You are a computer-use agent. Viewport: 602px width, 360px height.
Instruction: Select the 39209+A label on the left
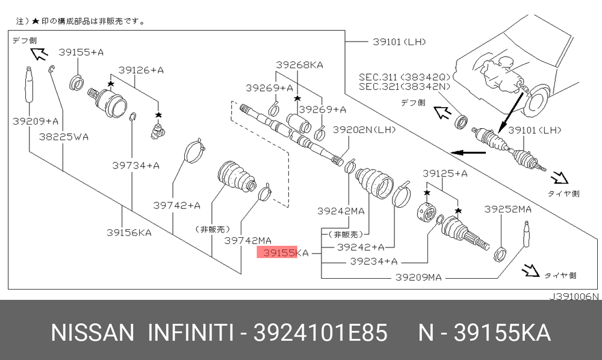pos(36,121)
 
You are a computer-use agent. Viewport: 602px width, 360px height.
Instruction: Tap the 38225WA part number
pos(64,137)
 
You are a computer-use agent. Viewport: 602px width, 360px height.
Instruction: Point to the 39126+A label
pos(141,70)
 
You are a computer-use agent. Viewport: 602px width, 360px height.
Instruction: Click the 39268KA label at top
pos(300,64)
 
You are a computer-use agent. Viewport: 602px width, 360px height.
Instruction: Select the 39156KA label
pos(129,232)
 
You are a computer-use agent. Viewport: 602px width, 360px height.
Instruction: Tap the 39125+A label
pos(445,173)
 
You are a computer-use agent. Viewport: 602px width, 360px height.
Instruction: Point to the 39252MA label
pos(507,209)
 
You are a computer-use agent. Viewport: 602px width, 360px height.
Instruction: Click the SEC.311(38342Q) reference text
pos(405,77)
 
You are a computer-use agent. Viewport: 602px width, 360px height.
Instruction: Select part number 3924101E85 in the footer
pos(322,332)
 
